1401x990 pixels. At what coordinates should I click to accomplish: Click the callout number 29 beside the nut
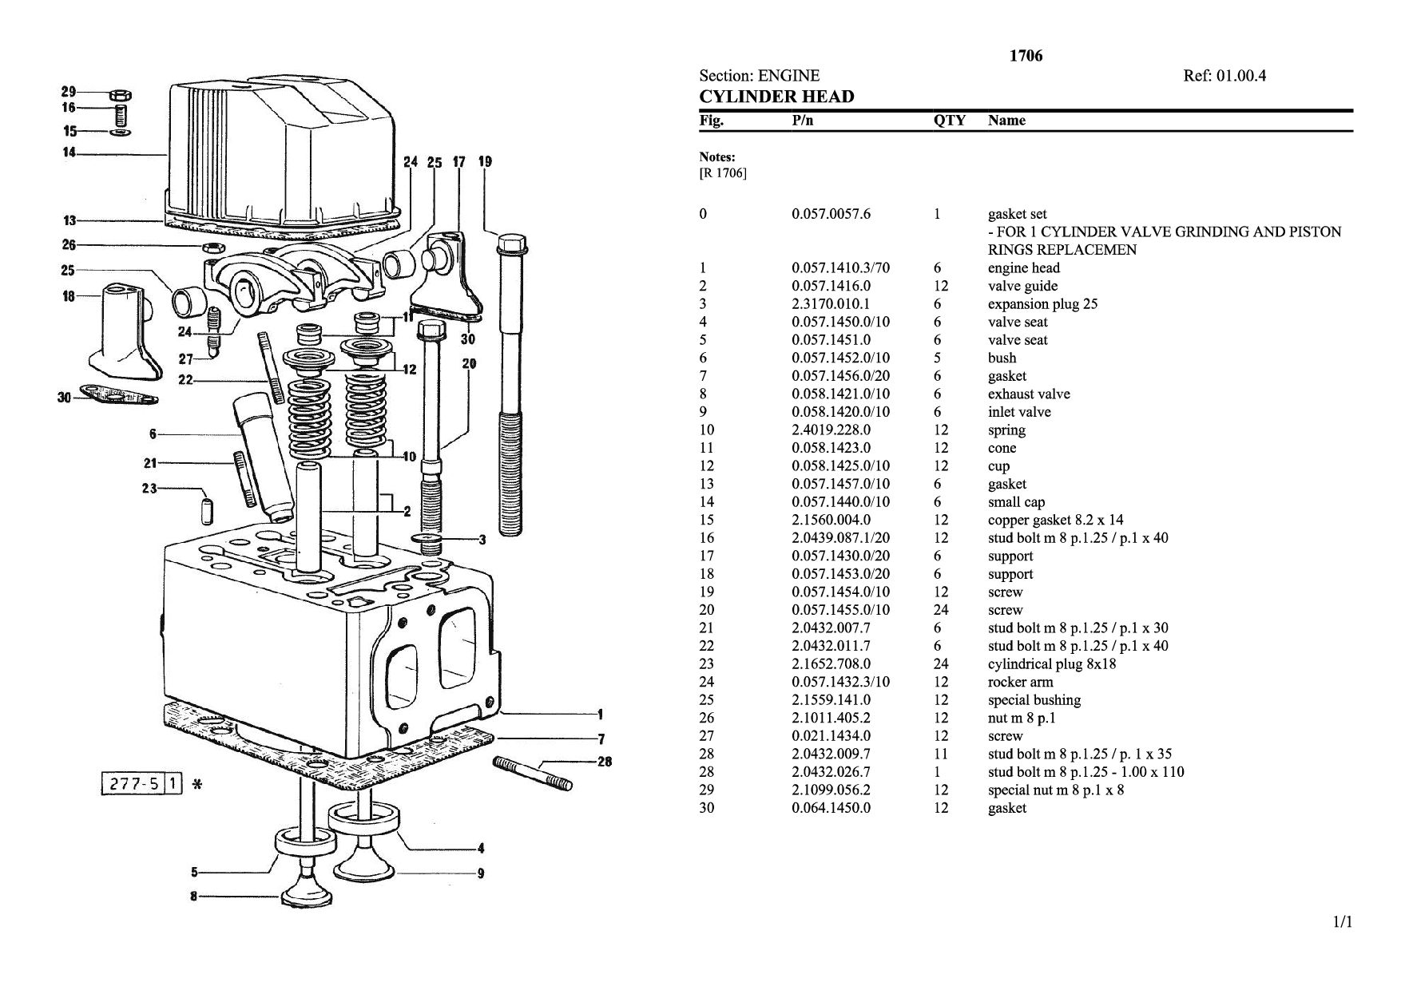click(x=69, y=91)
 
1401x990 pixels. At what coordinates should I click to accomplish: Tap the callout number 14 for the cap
click(x=69, y=152)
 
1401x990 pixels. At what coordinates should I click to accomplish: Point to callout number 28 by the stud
click(x=605, y=762)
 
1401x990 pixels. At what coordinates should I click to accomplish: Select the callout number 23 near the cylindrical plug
click(x=149, y=488)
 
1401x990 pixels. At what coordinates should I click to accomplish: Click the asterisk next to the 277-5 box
click(x=197, y=785)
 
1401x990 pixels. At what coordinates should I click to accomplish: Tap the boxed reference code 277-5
click(x=133, y=785)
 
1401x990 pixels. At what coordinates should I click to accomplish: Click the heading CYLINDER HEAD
click(x=776, y=97)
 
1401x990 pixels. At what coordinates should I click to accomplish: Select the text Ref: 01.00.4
click(x=1224, y=76)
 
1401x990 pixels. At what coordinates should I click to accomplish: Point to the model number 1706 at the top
click(x=1026, y=56)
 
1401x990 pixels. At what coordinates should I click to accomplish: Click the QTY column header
click(x=950, y=121)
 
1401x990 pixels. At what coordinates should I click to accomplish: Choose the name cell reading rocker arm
click(x=1020, y=682)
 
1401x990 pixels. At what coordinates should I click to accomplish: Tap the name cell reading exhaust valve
click(x=1029, y=394)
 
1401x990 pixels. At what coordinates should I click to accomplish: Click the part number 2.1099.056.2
click(x=831, y=790)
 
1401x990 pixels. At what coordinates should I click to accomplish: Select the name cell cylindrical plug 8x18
click(x=1052, y=663)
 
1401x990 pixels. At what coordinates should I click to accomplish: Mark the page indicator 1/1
click(x=1343, y=922)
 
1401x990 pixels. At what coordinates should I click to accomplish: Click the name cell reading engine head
click(x=1024, y=268)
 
